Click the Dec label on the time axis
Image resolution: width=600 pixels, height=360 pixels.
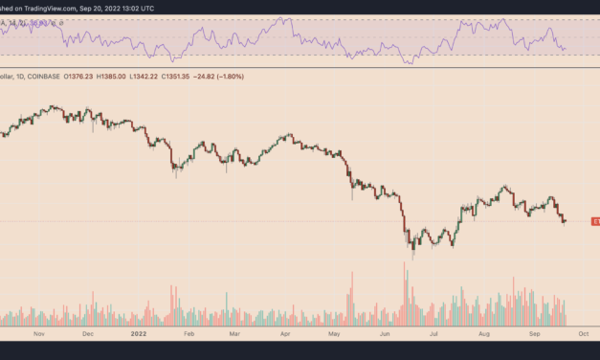click(87, 336)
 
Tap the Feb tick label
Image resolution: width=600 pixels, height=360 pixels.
click(188, 336)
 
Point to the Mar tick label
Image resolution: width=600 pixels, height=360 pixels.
click(236, 336)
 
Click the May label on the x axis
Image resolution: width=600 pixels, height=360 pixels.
click(334, 336)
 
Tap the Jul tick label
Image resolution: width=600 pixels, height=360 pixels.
click(434, 336)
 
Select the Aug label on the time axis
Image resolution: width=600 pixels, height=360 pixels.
click(483, 336)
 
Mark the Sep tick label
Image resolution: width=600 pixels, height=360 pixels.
click(536, 336)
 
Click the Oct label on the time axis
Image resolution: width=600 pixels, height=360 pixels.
click(583, 336)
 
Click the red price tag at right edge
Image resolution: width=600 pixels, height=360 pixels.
click(594, 221)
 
